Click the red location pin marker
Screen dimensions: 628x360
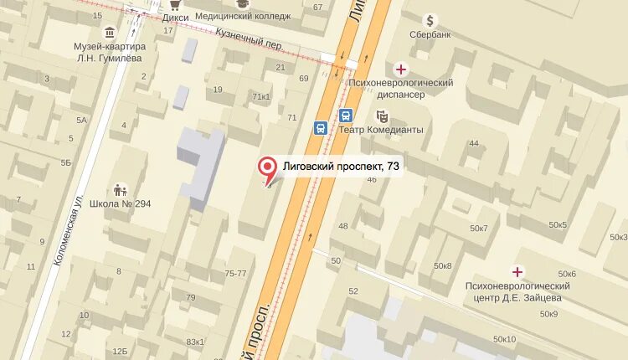pyautogui.click(x=268, y=168)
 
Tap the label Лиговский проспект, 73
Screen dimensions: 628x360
pyautogui.click(x=341, y=167)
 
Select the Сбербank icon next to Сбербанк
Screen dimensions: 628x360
pyautogui.click(x=430, y=20)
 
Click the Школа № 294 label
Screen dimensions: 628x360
pyautogui.click(x=120, y=203)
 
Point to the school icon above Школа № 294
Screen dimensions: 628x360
pyautogui.click(x=120, y=189)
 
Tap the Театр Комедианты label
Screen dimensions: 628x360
pyautogui.click(x=381, y=130)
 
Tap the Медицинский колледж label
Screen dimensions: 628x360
pyautogui.click(x=243, y=16)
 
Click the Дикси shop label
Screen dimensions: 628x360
pyautogui.click(x=176, y=16)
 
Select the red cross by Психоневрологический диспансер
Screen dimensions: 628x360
pyautogui.click(x=402, y=69)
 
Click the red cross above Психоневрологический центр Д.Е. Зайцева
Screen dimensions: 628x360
pyautogui.click(x=517, y=271)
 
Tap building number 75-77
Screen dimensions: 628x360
pyautogui.click(x=235, y=274)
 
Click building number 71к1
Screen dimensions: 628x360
pyautogui.click(x=261, y=97)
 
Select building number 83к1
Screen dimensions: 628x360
pyautogui.click(x=195, y=342)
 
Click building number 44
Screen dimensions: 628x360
pyautogui.click(x=474, y=143)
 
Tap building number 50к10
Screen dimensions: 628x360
pyautogui.click(x=505, y=339)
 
